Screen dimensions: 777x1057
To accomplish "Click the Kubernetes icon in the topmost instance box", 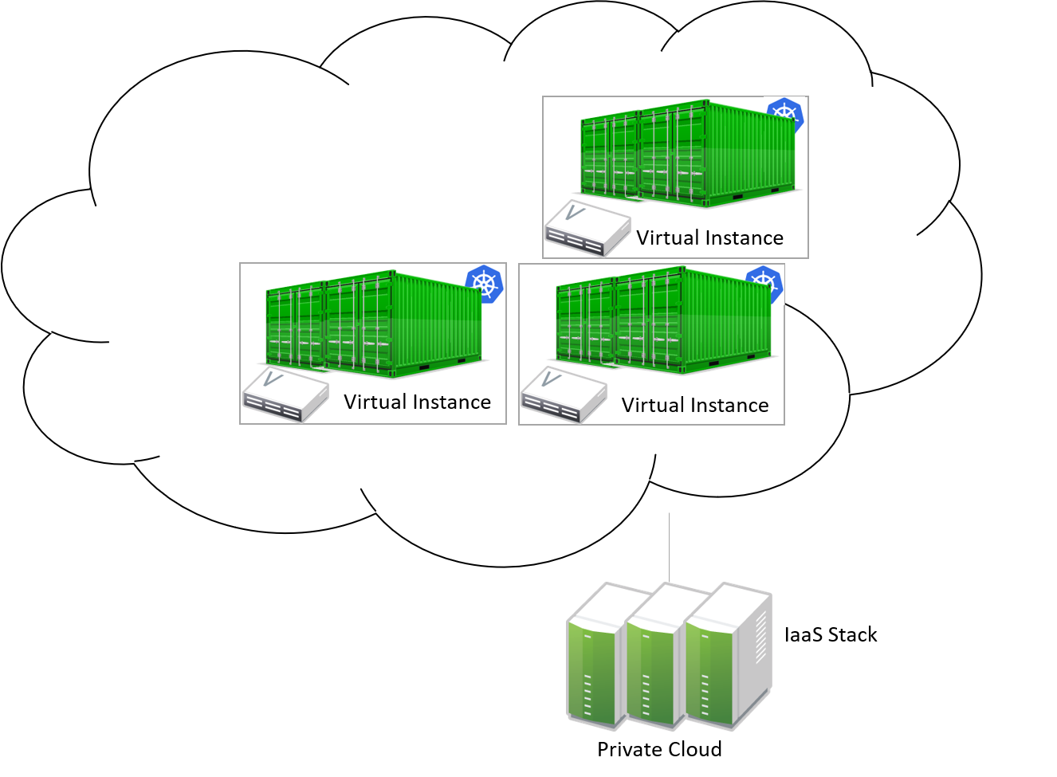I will [785, 116].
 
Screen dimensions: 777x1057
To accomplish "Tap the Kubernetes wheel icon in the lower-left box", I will [485, 284].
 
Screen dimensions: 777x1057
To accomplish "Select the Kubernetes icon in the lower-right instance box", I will [764, 285].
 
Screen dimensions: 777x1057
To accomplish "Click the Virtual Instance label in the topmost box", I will [709, 238].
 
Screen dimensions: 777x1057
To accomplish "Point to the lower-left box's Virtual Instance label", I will [417, 402].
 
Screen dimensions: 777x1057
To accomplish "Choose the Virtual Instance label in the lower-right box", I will [695, 406].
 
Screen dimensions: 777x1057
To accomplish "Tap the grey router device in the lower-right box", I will [564, 395].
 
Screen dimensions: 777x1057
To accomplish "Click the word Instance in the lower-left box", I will [454, 402].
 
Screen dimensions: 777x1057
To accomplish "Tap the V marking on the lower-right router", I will [550, 379].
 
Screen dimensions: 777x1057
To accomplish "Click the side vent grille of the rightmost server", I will [759, 638].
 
